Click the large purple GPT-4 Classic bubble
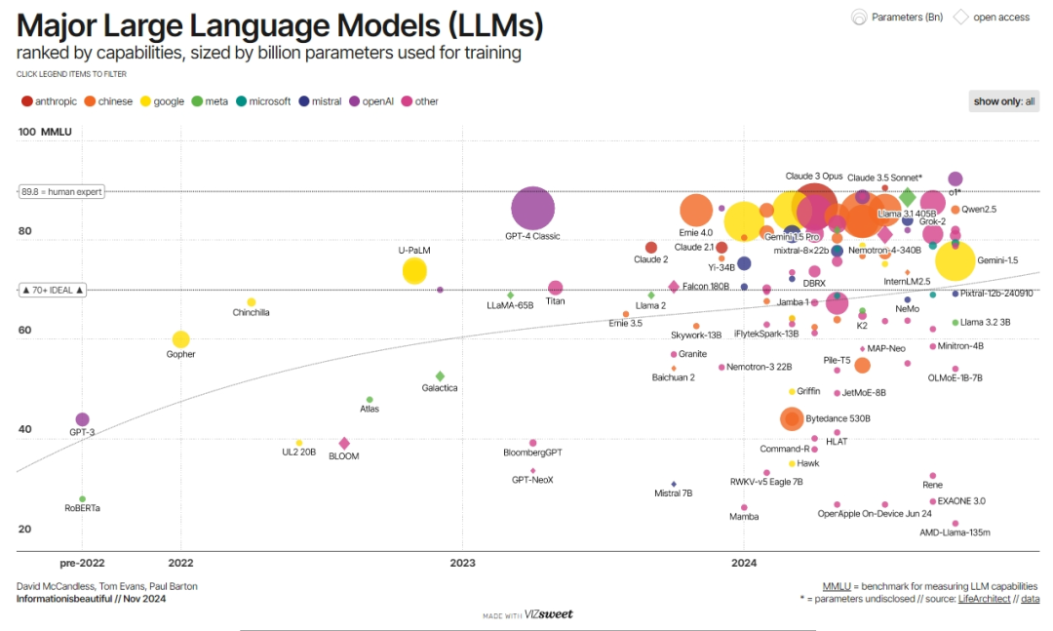click(x=532, y=208)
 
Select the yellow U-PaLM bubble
click(x=414, y=271)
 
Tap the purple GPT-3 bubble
click(x=82, y=419)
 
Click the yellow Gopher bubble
click(x=180, y=339)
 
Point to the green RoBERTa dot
click(x=82, y=498)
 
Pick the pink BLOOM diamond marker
click(x=344, y=444)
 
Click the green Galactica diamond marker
click(x=440, y=375)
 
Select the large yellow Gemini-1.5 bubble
click(x=955, y=260)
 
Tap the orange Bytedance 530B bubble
click(x=792, y=418)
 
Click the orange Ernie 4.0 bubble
click(x=695, y=210)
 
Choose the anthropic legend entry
click(x=48, y=101)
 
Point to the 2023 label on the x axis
click(x=462, y=563)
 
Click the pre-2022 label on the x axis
click(x=82, y=563)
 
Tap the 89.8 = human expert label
click(x=60, y=192)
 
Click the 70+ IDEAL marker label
click(x=53, y=290)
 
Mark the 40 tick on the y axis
click(x=24, y=430)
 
